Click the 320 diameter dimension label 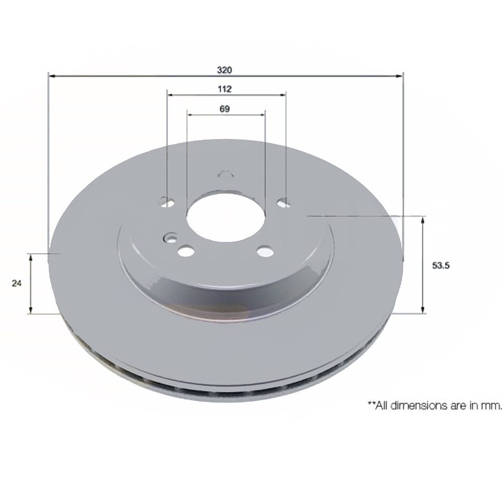point(224,70)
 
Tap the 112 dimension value point(224,89)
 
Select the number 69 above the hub point(224,109)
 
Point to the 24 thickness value point(16,283)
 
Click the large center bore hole point(225,218)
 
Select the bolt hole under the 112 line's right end point(284,203)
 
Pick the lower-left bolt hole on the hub point(187,251)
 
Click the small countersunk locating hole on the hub point(170,239)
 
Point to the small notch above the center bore point(225,174)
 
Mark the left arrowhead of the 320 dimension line point(52,75)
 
